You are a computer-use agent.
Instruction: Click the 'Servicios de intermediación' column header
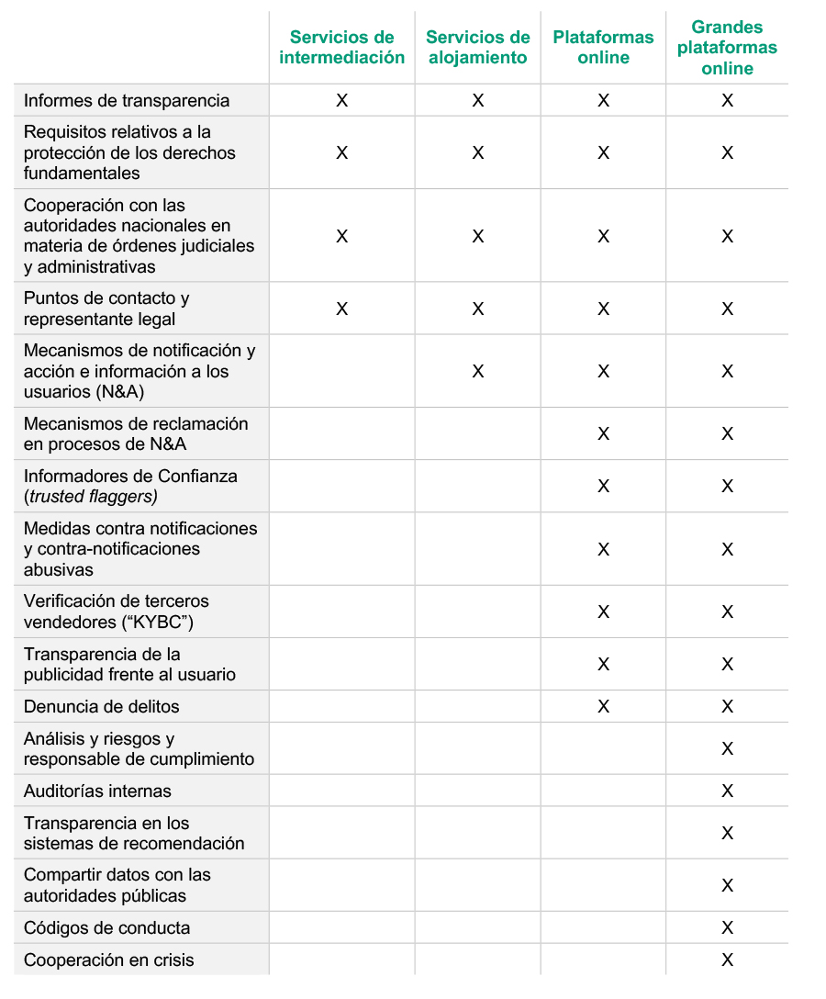point(341,48)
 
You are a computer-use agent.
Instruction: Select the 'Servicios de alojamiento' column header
point(477,48)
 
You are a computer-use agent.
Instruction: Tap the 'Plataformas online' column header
point(603,48)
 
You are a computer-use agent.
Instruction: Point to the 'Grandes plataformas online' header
point(727,48)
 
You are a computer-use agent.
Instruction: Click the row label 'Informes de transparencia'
point(127,101)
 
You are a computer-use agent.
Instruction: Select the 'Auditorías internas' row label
point(97,791)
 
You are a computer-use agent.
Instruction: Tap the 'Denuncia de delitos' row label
point(102,707)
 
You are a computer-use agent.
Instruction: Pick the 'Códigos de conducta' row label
point(107,927)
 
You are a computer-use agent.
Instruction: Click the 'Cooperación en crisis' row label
point(109,960)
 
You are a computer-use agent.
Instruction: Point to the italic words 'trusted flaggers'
point(92,497)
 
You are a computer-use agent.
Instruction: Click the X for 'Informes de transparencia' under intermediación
point(341,101)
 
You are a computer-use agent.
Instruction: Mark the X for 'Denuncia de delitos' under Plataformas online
point(603,707)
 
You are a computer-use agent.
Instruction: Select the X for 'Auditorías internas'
point(727,791)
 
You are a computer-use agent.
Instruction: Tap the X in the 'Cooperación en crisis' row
point(727,960)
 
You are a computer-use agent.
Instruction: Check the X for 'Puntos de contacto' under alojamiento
point(477,309)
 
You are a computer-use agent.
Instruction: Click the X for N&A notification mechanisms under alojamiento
point(477,372)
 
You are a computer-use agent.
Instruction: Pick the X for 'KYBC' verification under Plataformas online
point(603,612)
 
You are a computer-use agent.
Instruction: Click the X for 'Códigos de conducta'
point(727,927)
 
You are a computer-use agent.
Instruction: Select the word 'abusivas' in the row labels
point(59,570)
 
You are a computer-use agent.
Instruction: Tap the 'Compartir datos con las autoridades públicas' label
point(117,885)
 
